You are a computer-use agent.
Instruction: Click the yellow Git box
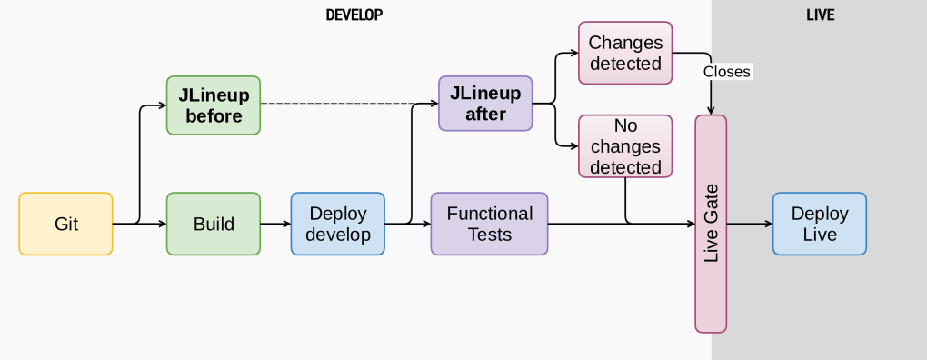pyautogui.click(x=65, y=224)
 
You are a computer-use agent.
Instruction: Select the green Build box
pyautogui.click(x=214, y=224)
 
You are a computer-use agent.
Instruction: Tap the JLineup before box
pyautogui.click(x=214, y=105)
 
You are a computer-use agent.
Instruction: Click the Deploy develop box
pyautogui.click(x=338, y=224)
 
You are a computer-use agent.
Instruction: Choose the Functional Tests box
pyautogui.click(x=489, y=224)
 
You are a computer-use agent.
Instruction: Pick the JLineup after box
pyautogui.click(x=485, y=104)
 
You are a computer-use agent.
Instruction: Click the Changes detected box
pyautogui.click(x=625, y=53)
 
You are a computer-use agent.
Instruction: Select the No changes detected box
pyautogui.click(x=625, y=145)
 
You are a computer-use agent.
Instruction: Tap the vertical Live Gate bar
pyautogui.click(x=711, y=224)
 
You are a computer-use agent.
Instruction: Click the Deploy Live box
pyautogui.click(x=819, y=224)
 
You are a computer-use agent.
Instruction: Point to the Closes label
pyautogui.click(x=727, y=71)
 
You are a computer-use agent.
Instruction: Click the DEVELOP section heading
pyautogui.click(x=354, y=15)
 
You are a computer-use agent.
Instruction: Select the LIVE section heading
pyautogui.click(x=820, y=15)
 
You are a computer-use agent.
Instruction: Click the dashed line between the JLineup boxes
pyautogui.click(x=349, y=104)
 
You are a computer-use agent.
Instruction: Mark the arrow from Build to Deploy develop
pyautogui.click(x=275, y=224)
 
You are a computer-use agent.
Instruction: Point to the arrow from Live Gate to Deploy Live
pyautogui.click(x=750, y=224)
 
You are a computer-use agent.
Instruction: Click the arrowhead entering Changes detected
pyautogui.click(x=573, y=53)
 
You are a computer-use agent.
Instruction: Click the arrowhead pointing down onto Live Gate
pyautogui.click(x=711, y=110)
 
